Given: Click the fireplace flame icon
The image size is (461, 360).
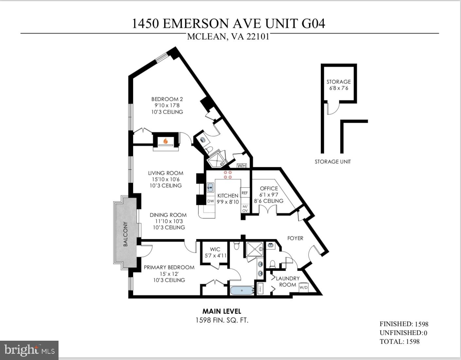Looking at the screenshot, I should tap(166, 141).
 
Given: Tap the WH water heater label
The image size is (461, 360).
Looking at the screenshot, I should tap(241, 166).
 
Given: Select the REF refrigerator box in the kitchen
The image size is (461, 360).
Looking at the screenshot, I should tap(245, 193).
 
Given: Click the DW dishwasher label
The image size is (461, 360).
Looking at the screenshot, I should tap(211, 201).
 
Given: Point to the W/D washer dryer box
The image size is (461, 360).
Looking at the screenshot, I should tap(303, 287).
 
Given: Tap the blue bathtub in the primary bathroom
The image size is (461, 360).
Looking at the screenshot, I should tap(242, 290).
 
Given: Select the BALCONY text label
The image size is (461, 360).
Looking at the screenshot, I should tap(126, 234).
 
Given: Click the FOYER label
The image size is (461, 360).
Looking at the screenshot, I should tap(295, 238).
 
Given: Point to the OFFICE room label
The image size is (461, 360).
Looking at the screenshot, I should tap(269, 189).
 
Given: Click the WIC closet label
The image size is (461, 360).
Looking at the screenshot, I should tap(215, 249).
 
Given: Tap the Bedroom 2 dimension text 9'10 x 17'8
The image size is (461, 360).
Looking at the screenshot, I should tap(167, 105).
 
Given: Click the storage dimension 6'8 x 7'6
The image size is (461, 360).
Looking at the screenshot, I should tap(338, 88).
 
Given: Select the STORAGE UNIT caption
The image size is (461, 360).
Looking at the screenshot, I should tap(333, 161).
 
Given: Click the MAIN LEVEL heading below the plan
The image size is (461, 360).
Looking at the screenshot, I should tap(222, 311).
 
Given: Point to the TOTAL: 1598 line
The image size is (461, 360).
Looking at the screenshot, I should tap(399, 341).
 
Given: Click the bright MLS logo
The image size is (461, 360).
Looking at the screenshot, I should tap(29, 350).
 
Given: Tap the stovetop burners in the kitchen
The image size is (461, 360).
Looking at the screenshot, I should tap(228, 175).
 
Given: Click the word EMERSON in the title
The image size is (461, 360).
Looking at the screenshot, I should tap(196, 24).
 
